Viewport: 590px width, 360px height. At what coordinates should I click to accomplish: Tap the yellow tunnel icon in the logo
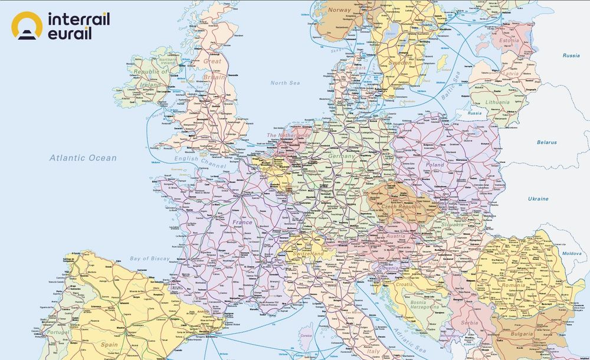pyautogui.click(x=27, y=27)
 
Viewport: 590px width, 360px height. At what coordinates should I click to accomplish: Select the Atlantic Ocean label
pyautogui.click(x=83, y=158)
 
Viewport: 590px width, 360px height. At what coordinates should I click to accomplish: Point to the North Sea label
pyautogui.click(x=286, y=83)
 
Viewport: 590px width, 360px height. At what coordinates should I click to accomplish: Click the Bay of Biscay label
pyautogui.click(x=149, y=258)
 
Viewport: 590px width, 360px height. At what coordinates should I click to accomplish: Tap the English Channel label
pyautogui.click(x=194, y=159)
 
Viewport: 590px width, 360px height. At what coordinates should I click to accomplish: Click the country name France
pyautogui.click(x=242, y=222)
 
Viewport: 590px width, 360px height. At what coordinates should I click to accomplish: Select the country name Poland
pyautogui.click(x=435, y=165)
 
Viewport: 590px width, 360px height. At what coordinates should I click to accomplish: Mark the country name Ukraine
pyautogui.click(x=537, y=199)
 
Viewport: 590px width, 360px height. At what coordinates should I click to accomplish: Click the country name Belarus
pyautogui.click(x=546, y=142)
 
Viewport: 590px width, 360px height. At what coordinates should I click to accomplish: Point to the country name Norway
pyautogui.click(x=339, y=10)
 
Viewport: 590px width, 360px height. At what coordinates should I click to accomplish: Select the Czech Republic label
pyautogui.click(x=402, y=207)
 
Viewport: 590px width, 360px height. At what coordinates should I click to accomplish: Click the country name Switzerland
pyautogui.click(x=309, y=253)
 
